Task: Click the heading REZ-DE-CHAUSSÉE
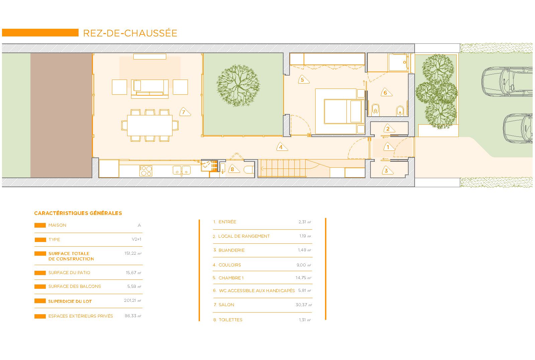(130, 33)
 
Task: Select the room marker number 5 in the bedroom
(303, 80)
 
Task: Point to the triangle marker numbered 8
(233, 169)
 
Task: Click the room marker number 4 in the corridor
(282, 147)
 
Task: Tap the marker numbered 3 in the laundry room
(387, 170)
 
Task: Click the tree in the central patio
(238, 86)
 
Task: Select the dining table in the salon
(150, 125)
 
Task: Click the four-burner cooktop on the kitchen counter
(146, 171)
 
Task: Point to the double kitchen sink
(182, 170)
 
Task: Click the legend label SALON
(226, 305)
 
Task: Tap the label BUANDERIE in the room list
(231, 250)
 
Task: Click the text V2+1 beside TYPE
(136, 239)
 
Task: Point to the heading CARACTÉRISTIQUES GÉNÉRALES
(78, 213)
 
